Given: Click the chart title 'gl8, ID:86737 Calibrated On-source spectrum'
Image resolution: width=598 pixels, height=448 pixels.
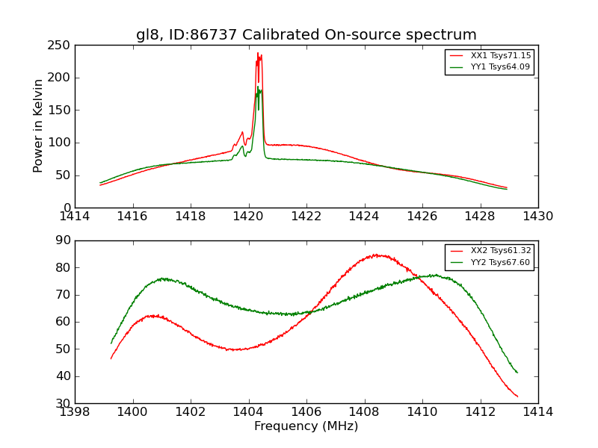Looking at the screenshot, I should (x=306, y=35).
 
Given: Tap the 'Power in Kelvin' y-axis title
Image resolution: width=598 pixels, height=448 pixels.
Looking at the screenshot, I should (x=39, y=125).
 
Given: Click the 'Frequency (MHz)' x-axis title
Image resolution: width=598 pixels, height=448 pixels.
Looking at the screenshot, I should (x=306, y=426).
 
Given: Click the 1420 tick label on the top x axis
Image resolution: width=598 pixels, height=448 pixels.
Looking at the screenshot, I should (x=248, y=216).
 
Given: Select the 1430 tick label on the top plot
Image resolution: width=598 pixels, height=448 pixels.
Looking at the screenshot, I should (x=537, y=216).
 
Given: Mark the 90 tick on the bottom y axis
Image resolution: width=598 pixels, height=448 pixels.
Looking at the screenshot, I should (x=63, y=240).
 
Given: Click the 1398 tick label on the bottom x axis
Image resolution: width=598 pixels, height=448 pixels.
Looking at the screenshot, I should (x=75, y=411).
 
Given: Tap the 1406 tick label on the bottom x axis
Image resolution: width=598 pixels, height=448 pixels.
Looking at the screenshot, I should (x=306, y=411).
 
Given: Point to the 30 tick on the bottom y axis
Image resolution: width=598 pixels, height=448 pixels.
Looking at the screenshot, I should (x=63, y=403).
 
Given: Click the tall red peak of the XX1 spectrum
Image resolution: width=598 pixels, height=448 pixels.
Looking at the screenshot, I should (x=258, y=54).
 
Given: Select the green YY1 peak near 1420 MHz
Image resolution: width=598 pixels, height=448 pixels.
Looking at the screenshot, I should (x=259, y=88).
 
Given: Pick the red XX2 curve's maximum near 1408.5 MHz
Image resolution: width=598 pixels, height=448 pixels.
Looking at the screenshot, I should (x=378, y=255).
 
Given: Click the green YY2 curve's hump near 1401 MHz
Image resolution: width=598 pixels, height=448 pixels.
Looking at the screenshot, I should (x=163, y=279).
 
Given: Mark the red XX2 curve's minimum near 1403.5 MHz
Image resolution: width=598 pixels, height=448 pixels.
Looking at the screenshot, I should (x=235, y=349).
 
